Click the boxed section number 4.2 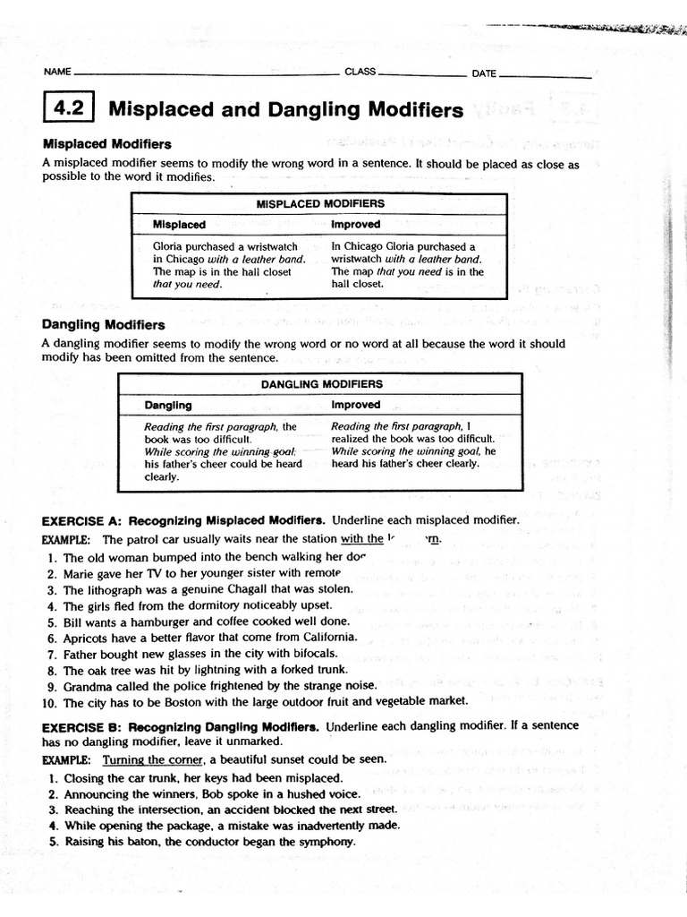(x=68, y=109)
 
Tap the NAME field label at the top (x=55, y=73)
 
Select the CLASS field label (x=360, y=73)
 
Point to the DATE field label (x=484, y=73)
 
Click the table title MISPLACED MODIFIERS (x=320, y=203)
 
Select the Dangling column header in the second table (x=168, y=405)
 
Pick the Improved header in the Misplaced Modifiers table (x=355, y=225)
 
